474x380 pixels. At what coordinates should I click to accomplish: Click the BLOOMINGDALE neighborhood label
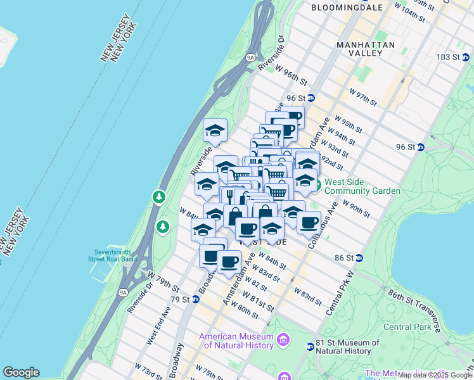pyautogui.click(x=347, y=8)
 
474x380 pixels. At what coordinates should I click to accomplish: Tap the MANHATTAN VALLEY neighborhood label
pyautogui.click(x=366, y=49)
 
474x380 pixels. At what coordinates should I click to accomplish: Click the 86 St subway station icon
pyautogui.click(x=359, y=258)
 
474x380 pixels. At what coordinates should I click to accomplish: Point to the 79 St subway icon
pyautogui.click(x=195, y=299)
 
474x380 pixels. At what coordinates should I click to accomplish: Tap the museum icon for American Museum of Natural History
pyautogui.click(x=282, y=341)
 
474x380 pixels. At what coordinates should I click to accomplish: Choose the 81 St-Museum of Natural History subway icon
pyautogui.click(x=311, y=346)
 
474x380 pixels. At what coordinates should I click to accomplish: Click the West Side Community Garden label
pyautogui.click(x=362, y=186)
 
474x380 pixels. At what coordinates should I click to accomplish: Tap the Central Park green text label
pyautogui.click(x=407, y=327)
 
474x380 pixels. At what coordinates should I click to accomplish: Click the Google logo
pyautogui.click(x=21, y=372)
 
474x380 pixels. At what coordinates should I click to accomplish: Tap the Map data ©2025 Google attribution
pyautogui.click(x=435, y=375)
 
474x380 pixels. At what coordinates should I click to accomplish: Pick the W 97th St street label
pyautogui.click(x=363, y=98)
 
